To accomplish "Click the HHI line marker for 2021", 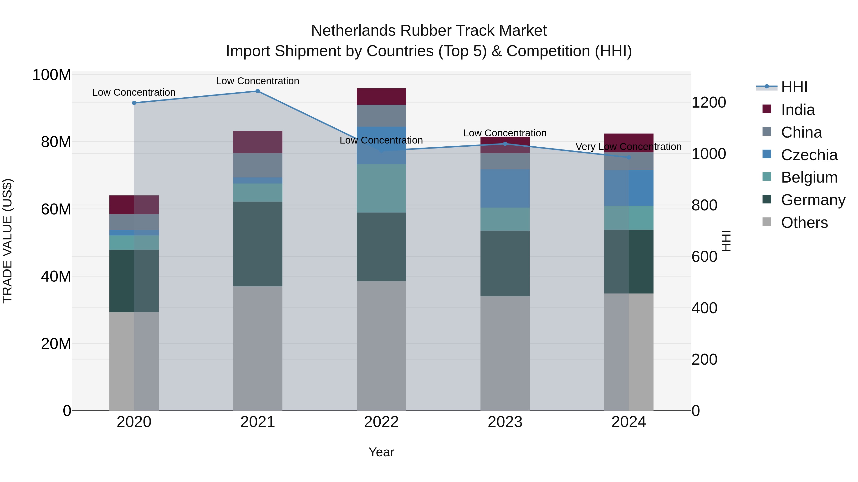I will pos(257,91).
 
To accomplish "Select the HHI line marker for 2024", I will pos(628,157).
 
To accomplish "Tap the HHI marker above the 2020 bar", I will pos(134,103).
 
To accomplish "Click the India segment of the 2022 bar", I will pos(381,96).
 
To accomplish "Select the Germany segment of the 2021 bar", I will pos(257,244).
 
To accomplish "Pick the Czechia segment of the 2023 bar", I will pos(505,188).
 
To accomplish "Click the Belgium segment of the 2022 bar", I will pos(381,188).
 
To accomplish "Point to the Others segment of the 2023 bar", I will pos(505,353).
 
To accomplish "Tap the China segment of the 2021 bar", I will pos(257,165).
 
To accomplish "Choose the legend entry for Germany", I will pos(813,200).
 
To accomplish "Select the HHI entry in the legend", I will pos(794,87).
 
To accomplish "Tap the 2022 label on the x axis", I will pos(381,422).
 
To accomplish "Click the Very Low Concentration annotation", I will pos(628,147).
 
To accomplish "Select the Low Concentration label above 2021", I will pos(257,81).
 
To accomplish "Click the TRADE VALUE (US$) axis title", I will pos(7,241).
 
